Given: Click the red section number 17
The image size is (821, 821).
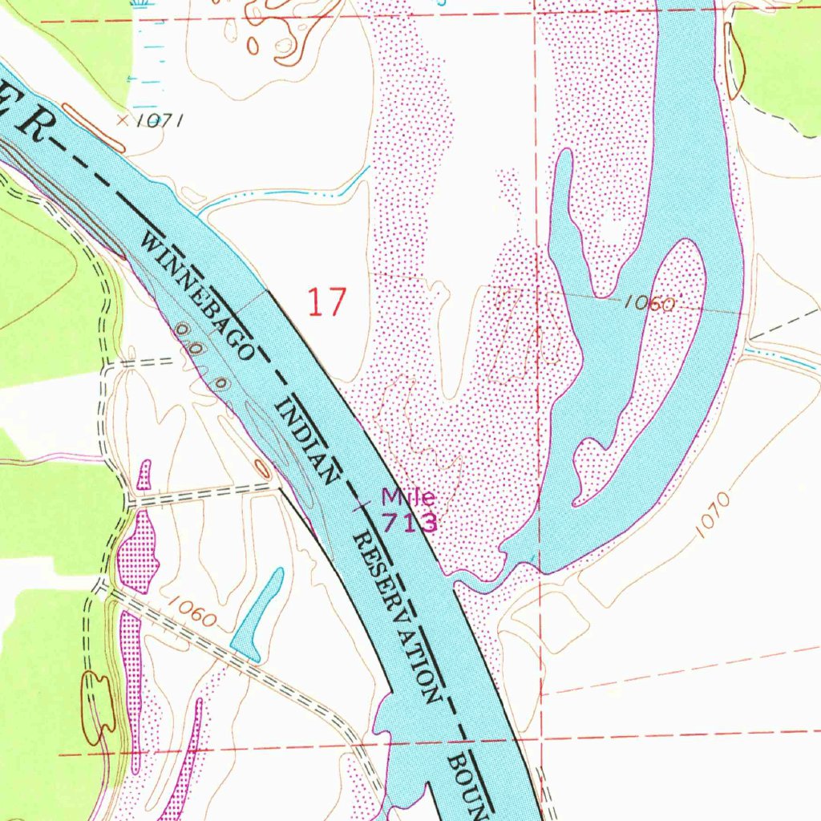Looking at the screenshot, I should (327, 303).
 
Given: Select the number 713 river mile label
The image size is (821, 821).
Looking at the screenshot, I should (409, 523).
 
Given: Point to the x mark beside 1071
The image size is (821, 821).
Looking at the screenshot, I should (122, 120).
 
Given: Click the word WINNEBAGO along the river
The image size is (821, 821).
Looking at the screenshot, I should (200, 293).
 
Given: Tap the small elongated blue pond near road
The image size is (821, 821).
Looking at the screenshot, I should (258, 614).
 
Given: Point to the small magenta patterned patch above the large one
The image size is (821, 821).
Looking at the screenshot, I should (144, 475).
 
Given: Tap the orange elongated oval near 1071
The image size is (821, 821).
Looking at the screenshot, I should (94, 127).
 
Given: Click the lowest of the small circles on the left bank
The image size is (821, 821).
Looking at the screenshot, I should (221, 384).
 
